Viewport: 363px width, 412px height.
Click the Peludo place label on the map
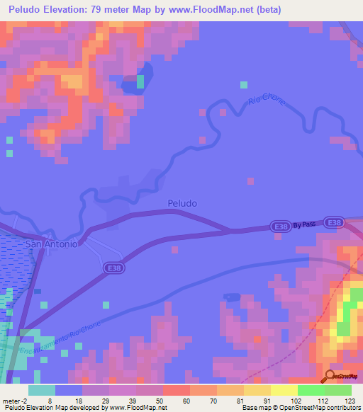pyautogui.click(x=182, y=203)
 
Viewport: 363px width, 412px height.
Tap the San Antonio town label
pyautogui.click(x=48, y=244)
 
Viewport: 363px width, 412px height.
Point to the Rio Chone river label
pyautogui.click(x=267, y=103)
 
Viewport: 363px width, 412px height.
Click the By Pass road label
pyautogui.click(x=304, y=224)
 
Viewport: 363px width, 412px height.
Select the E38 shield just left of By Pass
pyautogui.click(x=279, y=227)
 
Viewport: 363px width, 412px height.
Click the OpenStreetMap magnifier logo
pyautogui.click(x=330, y=376)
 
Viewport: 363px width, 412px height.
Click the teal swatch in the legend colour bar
pyautogui.click(x=41, y=389)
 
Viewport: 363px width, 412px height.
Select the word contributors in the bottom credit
pyautogui.click(x=344, y=408)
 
